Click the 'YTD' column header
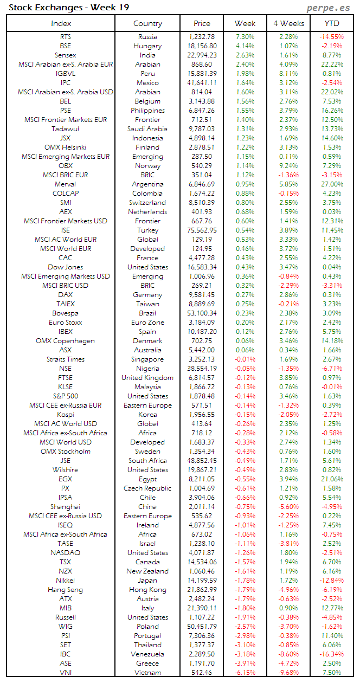click(x=332, y=23)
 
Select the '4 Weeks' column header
click(x=288, y=23)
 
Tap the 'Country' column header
click(x=147, y=23)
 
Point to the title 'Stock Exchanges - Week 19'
click(x=69, y=8)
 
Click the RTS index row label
click(x=66, y=37)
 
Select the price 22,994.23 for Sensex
click(x=201, y=55)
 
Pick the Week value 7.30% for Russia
click(x=245, y=37)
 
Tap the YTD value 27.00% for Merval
click(x=332, y=184)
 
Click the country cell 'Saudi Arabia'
click(x=147, y=129)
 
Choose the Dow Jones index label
click(x=66, y=267)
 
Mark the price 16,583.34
click(x=201, y=267)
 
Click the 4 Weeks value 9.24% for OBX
click(x=288, y=166)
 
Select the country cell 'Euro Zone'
click(x=147, y=323)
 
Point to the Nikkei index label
click(x=66, y=581)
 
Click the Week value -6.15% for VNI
click(x=245, y=673)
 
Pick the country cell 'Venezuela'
click(x=147, y=654)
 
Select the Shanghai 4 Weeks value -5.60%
click(x=288, y=507)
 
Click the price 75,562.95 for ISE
click(x=201, y=230)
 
